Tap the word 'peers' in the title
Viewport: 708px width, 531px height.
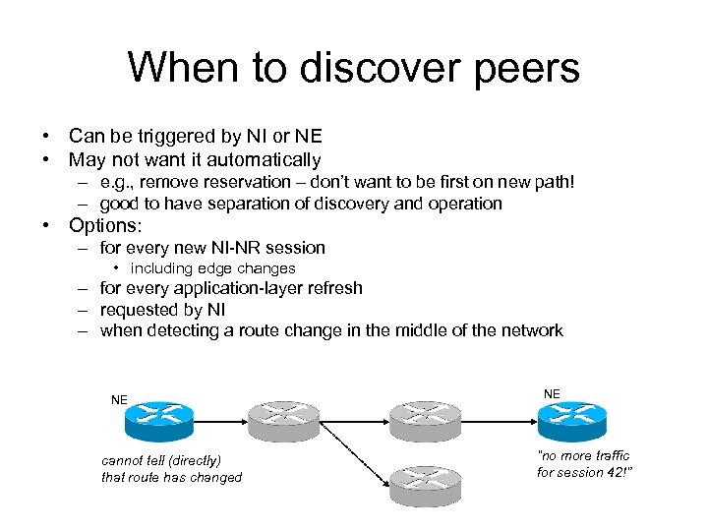tap(524, 68)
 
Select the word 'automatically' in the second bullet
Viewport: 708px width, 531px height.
tap(268, 159)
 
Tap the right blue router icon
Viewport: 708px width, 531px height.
tap(571, 420)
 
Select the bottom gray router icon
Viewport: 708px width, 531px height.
tap(426, 486)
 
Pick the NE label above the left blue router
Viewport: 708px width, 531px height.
tap(119, 400)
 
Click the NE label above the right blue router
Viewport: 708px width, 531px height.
tap(552, 393)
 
